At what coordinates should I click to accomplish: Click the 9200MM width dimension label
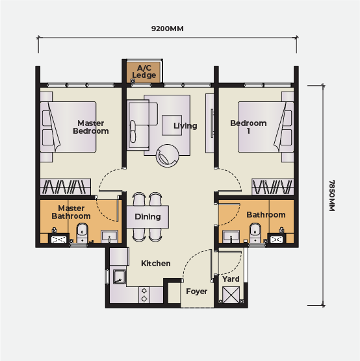pyautogui.click(x=167, y=29)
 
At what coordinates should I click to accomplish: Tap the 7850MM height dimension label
pyautogui.click(x=331, y=195)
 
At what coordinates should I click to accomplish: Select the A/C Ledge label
pyautogui.click(x=144, y=71)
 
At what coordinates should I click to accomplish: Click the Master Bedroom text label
pyautogui.click(x=91, y=127)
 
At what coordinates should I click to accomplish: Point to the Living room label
pyautogui.click(x=185, y=126)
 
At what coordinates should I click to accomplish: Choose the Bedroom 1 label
pyautogui.click(x=248, y=127)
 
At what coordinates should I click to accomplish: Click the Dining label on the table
pyautogui.click(x=148, y=217)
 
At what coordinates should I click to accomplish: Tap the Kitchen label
pyautogui.click(x=156, y=264)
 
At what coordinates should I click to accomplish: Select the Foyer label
pyautogui.click(x=197, y=292)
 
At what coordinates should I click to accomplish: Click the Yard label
pyautogui.click(x=231, y=279)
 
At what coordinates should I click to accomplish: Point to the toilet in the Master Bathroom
pyautogui.click(x=82, y=232)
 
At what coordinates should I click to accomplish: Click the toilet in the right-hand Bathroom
pyautogui.click(x=255, y=232)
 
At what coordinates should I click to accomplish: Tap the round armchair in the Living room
pyautogui.click(x=167, y=156)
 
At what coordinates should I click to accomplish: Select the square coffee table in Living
pyautogui.click(x=172, y=125)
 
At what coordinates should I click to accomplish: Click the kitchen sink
pyautogui.click(x=120, y=277)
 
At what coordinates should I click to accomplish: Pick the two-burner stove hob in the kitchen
pyautogui.click(x=144, y=295)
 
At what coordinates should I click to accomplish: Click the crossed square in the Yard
pyautogui.click(x=231, y=295)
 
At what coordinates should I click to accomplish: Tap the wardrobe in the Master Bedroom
pyautogui.click(x=66, y=187)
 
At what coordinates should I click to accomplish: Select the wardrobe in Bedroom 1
pyautogui.click(x=273, y=187)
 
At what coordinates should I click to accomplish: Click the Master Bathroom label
pyautogui.click(x=71, y=212)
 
